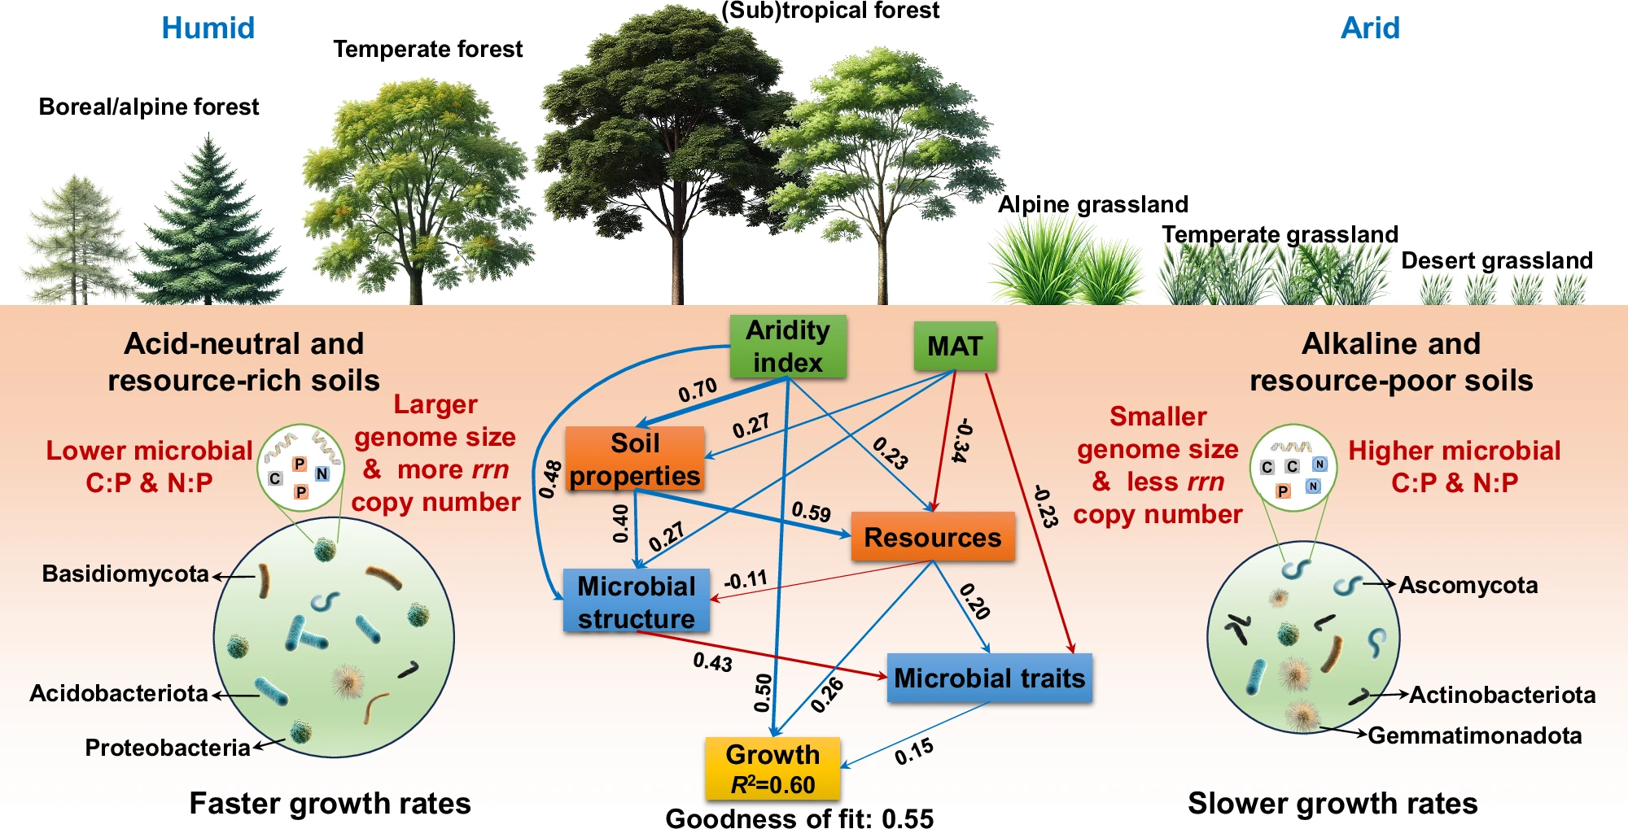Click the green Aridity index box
point(788,347)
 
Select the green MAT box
point(955,347)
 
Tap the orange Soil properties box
point(635,459)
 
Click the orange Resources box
point(933,537)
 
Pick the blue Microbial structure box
point(637,602)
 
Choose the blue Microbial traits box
point(990,678)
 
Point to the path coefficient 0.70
point(698,391)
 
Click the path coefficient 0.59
point(811,512)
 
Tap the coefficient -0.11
point(746,580)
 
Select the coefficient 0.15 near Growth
point(914,752)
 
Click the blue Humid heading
point(208,28)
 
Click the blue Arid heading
point(1370,28)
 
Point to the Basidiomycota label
point(125,574)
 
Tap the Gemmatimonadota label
point(1475,735)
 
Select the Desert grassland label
point(1497,260)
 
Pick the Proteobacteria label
point(168,748)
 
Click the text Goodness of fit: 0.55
point(799,818)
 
